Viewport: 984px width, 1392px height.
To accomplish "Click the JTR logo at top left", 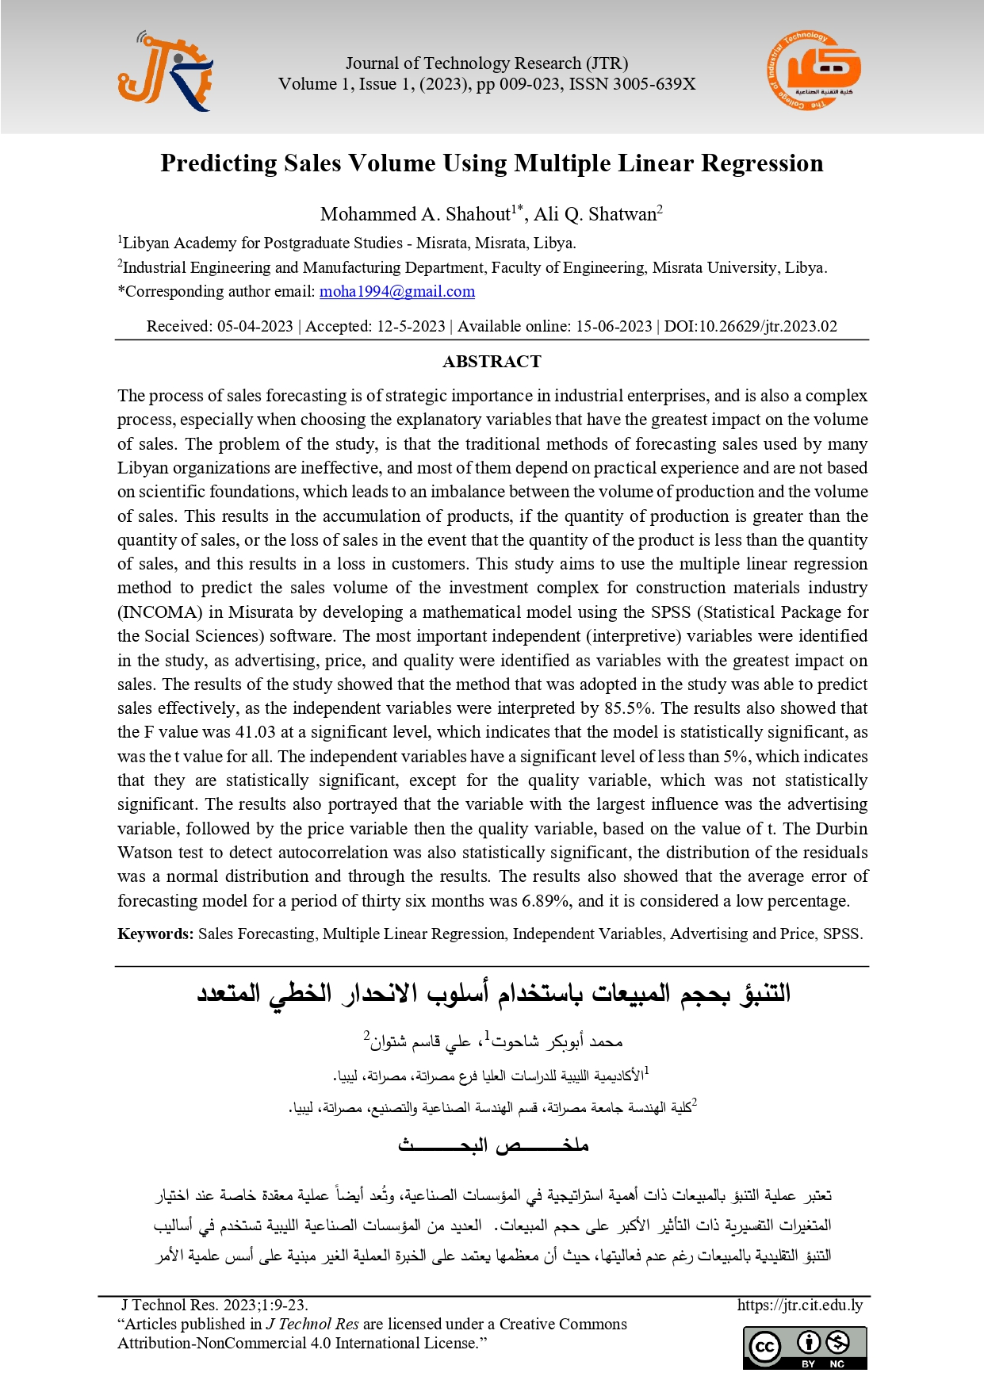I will (x=165, y=72).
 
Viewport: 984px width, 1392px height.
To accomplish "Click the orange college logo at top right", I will (x=814, y=71).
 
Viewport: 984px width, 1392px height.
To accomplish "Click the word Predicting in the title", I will (x=219, y=163).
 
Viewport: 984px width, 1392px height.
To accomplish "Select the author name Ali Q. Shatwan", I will (x=595, y=214).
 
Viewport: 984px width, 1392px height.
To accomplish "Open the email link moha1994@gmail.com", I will (x=397, y=291).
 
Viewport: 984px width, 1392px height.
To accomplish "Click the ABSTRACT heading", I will (x=492, y=362).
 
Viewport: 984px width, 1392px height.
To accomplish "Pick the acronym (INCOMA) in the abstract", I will (x=159, y=612).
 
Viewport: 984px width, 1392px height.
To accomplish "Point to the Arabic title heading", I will (x=493, y=994).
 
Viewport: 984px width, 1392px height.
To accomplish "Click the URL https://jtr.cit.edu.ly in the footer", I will (x=799, y=1305).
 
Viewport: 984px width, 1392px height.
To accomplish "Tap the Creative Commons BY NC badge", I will (x=805, y=1348).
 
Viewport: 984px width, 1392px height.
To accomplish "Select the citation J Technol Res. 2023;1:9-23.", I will (x=214, y=1305).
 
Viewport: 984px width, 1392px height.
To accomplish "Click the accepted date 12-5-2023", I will (x=411, y=326).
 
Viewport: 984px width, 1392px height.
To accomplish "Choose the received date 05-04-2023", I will (x=255, y=326).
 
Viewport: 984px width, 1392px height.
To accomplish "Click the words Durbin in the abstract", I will (x=841, y=829).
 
